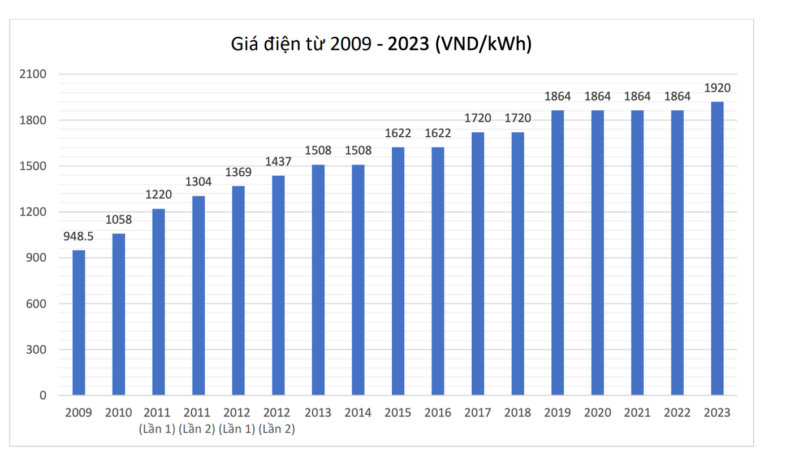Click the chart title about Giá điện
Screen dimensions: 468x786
382,44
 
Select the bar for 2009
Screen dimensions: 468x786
79,323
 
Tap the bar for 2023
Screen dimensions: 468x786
717,249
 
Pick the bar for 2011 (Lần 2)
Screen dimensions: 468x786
198,296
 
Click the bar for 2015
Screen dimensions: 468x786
398,271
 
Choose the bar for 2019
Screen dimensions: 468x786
558,253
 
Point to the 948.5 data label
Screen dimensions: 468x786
79,237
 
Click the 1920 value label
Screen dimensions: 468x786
717,88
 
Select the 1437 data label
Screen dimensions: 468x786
278,162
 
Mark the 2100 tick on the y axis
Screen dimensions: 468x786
35,74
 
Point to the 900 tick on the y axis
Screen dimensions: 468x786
38,258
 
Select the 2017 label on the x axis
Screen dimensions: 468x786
478,413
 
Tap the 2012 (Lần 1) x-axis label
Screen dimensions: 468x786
237,421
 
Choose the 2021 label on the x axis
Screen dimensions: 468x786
637,413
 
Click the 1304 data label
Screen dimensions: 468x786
198,182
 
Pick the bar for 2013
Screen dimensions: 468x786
318,280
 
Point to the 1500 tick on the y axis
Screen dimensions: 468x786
35,166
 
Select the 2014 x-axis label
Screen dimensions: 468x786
358,413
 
